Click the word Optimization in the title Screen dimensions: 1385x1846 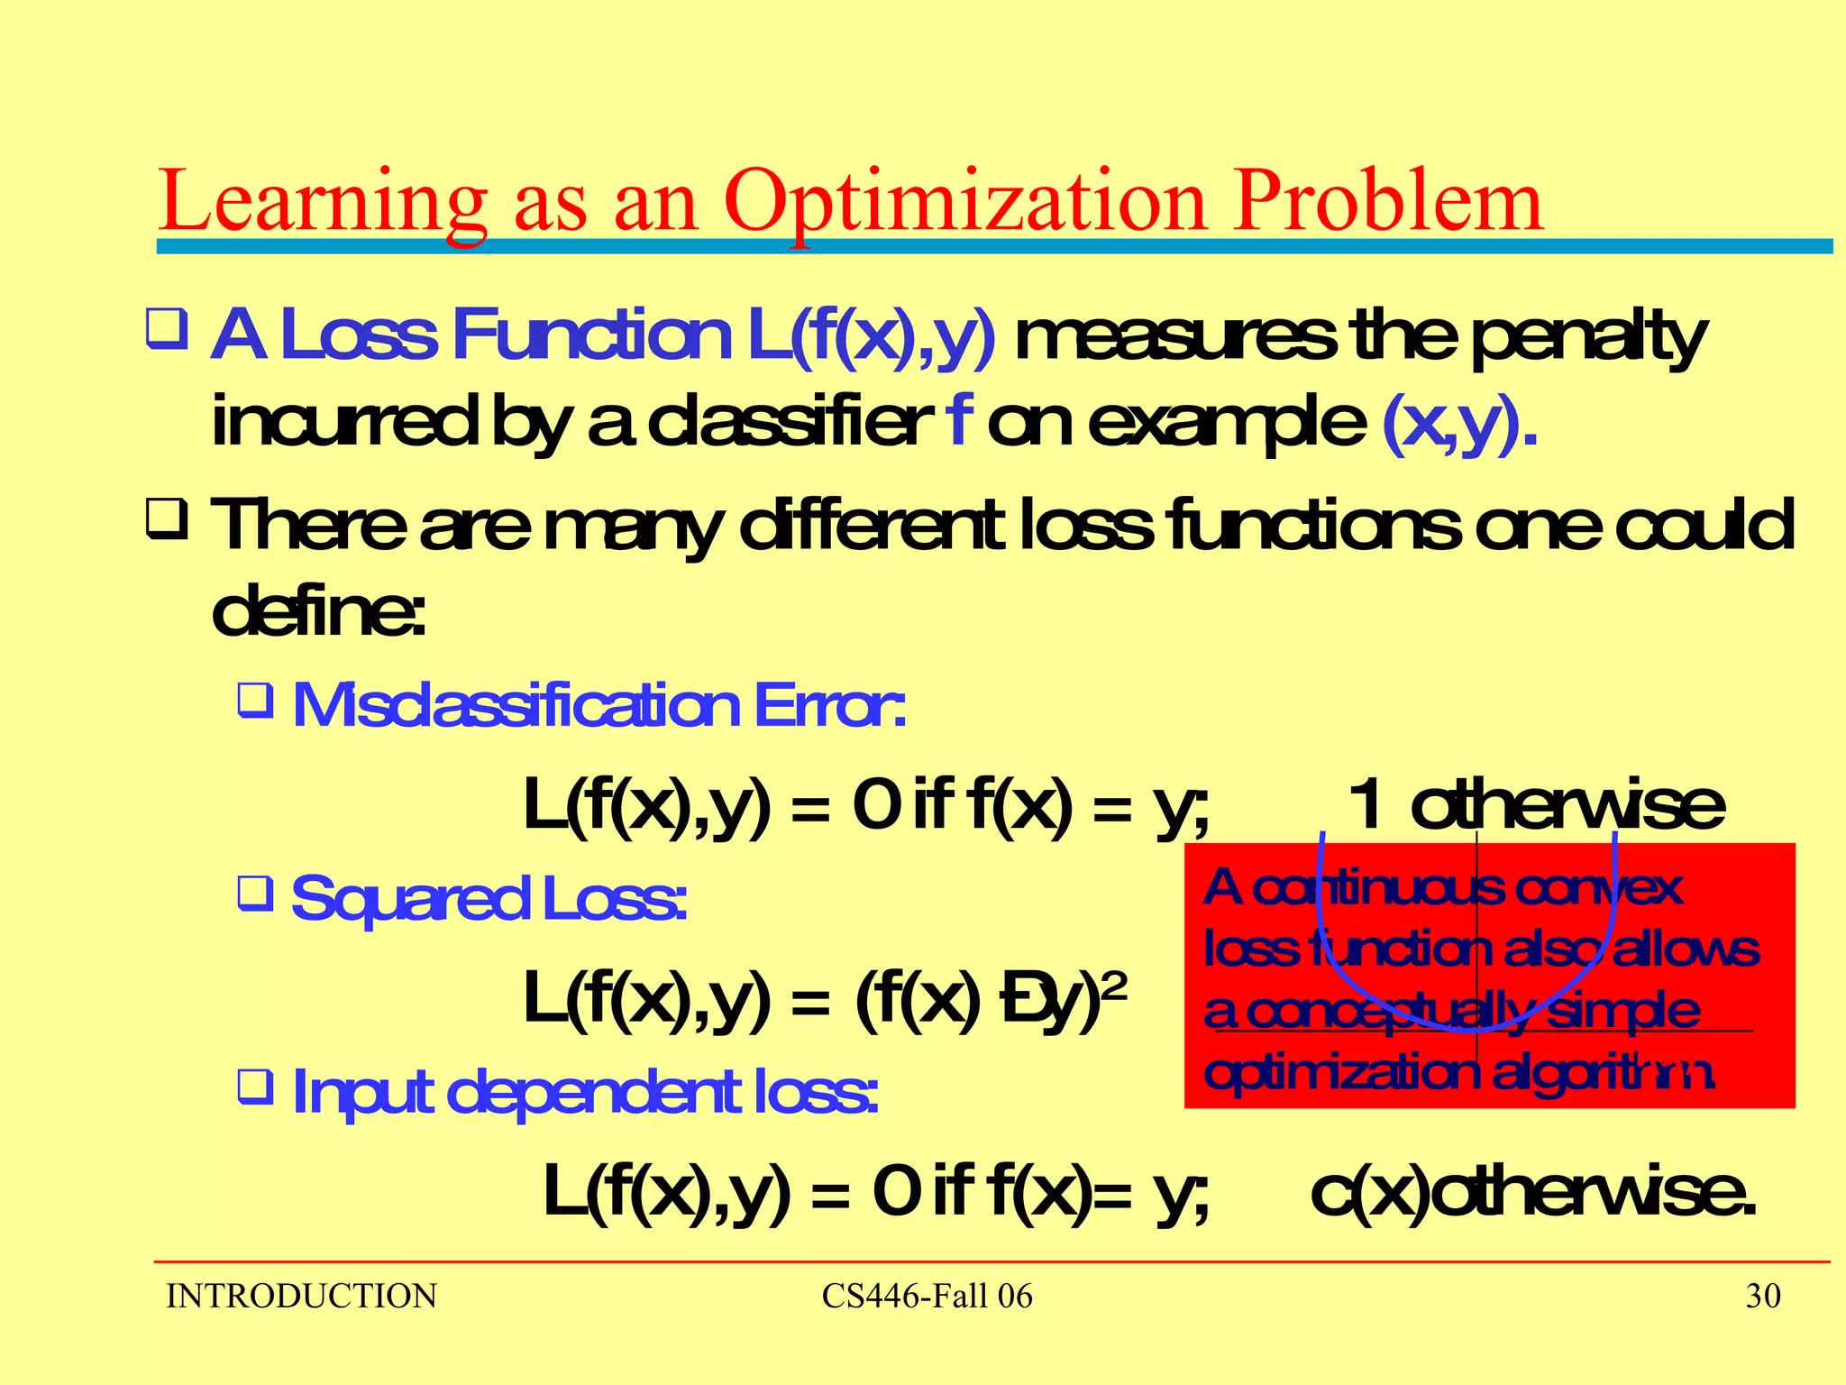click(964, 203)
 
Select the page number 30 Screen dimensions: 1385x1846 click(1763, 1296)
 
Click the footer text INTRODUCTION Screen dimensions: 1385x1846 click(301, 1297)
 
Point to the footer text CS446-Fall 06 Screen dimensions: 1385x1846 click(927, 1297)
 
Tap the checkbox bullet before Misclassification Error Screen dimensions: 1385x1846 click(255, 700)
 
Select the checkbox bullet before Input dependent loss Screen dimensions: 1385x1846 click(255, 1087)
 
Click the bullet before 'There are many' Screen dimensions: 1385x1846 click(167, 521)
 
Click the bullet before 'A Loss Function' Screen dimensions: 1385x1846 click(167, 330)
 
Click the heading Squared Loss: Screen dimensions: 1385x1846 click(489, 898)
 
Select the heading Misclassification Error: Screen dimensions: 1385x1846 click(599, 705)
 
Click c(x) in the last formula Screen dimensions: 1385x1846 click(1368, 1192)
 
